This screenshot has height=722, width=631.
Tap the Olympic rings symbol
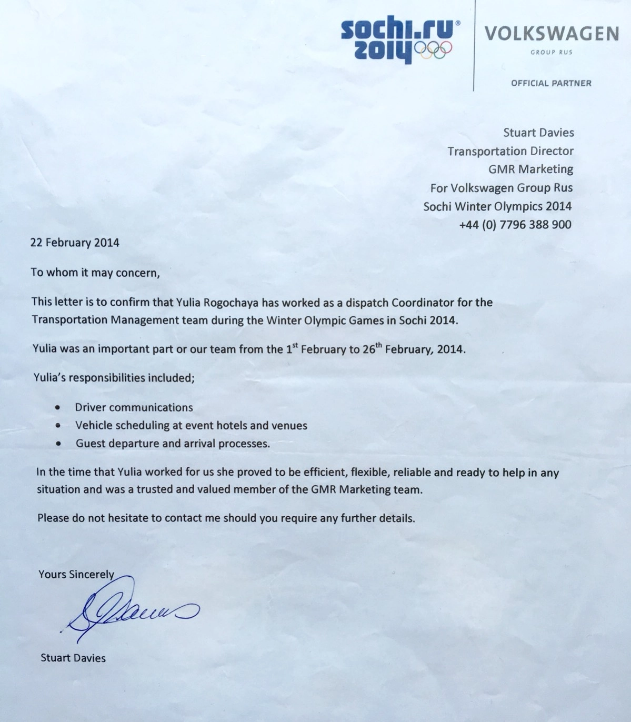tap(433, 49)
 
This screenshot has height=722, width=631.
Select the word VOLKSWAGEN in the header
tap(551, 34)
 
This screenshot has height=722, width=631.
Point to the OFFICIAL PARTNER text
tap(550, 83)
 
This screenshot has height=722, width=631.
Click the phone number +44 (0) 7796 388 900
tap(515, 225)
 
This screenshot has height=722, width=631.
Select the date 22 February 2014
tap(75, 243)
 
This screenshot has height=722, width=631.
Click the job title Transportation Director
tap(510, 152)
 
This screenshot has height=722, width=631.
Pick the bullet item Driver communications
tap(134, 407)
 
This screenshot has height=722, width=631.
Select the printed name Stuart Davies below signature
tap(73, 658)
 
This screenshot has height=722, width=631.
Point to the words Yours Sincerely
tap(76, 574)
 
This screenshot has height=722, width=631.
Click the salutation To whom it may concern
tap(95, 273)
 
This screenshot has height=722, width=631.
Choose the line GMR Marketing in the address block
tap(530, 169)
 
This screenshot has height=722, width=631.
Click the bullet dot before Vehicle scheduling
tap(57, 426)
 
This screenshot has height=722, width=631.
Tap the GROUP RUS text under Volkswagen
tap(551, 52)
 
